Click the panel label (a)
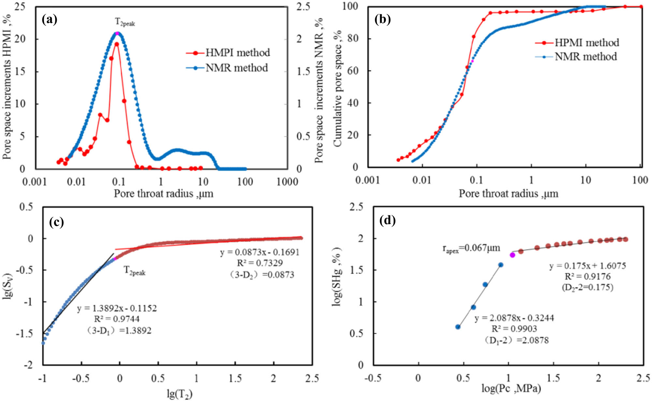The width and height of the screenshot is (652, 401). pos(50,20)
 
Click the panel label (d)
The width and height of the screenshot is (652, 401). pos(388,221)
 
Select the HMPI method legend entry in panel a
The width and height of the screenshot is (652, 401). pos(228,53)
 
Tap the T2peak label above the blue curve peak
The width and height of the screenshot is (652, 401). pos(125,22)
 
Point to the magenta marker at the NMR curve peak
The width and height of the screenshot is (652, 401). pos(117,33)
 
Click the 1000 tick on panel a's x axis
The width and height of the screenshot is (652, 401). pos(287,182)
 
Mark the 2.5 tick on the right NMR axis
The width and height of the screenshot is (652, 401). pos(303,7)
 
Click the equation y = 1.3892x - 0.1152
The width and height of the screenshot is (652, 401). pos(117,308)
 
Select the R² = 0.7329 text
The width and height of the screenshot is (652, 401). pos(259,263)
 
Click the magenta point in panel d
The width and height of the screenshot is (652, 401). pos(512,255)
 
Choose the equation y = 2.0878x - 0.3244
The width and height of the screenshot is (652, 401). pos(514,318)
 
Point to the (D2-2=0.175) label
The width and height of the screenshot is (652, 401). pos(587,287)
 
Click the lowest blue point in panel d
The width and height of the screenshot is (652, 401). pos(458,327)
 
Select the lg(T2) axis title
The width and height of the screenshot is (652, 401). pos(180,394)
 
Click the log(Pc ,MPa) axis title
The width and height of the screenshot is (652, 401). pos(511,388)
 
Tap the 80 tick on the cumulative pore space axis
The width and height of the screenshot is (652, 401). pos(353,38)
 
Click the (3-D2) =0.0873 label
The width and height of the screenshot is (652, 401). pos(261,275)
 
